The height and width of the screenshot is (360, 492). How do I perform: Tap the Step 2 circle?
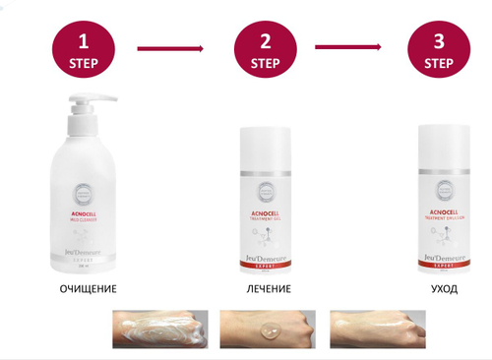point(264,49)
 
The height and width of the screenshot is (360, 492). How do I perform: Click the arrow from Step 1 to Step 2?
point(168,46)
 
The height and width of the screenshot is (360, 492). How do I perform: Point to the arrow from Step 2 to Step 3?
point(348,46)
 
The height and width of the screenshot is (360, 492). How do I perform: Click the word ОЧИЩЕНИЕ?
point(89,289)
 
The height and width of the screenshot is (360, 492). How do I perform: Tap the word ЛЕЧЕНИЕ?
point(263,289)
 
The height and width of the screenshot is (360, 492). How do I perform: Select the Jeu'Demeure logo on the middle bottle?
point(263,258)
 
